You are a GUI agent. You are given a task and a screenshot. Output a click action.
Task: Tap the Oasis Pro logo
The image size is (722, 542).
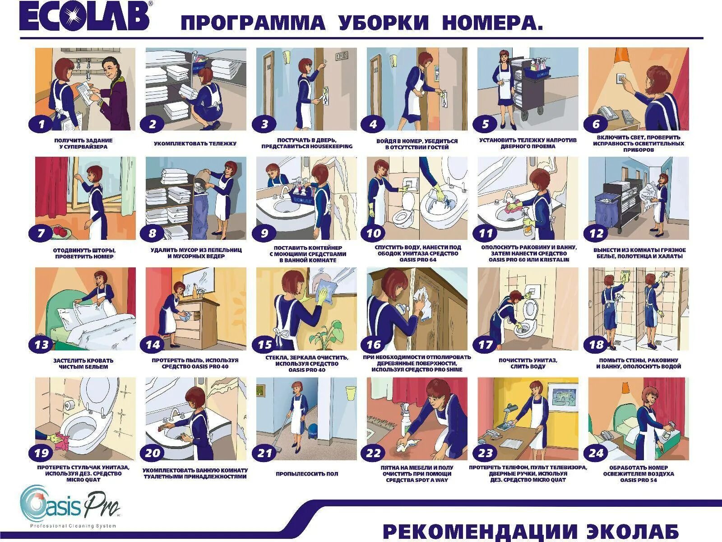[70, 506]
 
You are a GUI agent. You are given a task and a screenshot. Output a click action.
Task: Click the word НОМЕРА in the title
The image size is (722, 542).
[492, 23]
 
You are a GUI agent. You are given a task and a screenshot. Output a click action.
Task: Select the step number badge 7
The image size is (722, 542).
[41, 234]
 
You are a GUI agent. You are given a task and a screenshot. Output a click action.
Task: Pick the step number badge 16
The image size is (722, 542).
[373, 345]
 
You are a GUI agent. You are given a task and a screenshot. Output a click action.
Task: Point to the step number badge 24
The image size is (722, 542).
[596, 453]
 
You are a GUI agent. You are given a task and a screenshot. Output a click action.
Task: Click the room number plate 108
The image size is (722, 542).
[341, 56]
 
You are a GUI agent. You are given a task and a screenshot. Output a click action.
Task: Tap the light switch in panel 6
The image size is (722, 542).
[620, 87]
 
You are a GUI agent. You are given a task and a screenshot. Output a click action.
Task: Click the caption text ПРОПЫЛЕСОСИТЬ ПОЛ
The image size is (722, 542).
[306, 474]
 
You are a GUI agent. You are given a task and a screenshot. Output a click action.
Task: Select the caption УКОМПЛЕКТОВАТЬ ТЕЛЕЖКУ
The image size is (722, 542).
[195, 144]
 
